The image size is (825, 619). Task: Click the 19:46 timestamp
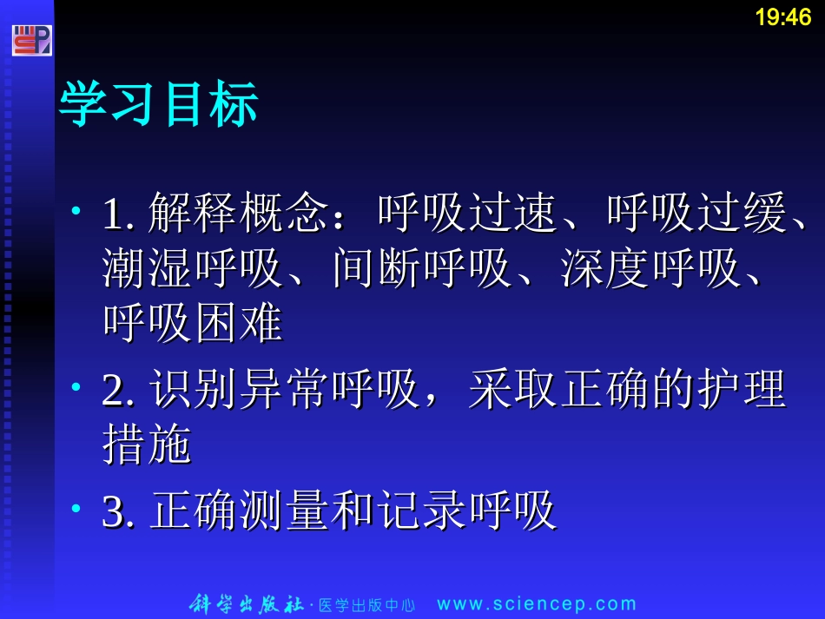click(x=782, y=17)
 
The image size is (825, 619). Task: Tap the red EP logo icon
click(x=31, y=40)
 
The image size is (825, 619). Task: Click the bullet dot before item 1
click(x=77, y=211)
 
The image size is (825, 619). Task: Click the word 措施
click(x=147, y=445)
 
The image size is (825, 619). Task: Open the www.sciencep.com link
click(x=536, y=604)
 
